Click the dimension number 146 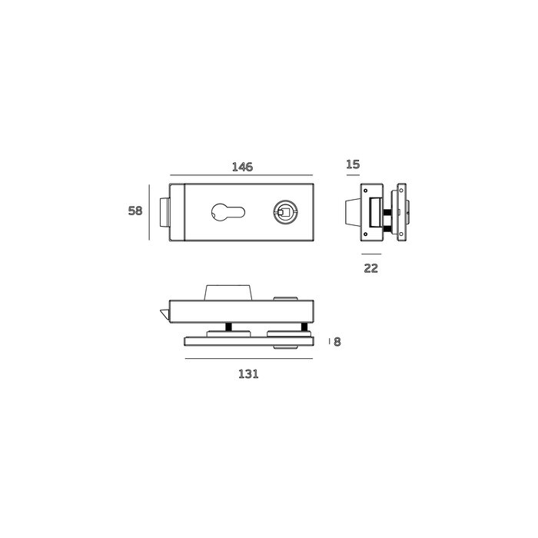pos(242,167)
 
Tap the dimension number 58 pos(134,211)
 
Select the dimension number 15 pos(353,164)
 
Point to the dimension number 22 pos(371,268)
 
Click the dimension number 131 pos(248,374)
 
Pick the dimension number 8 pos(337,342)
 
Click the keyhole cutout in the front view pos(227,212)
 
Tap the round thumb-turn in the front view pos(285,213)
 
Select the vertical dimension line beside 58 pos(149,212)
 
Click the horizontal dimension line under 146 pos(241,175)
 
